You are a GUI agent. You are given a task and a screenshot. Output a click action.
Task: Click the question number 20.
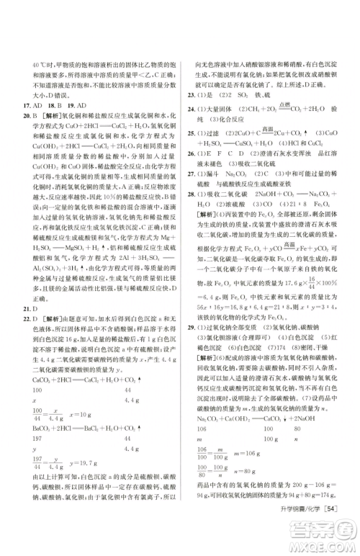26,115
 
